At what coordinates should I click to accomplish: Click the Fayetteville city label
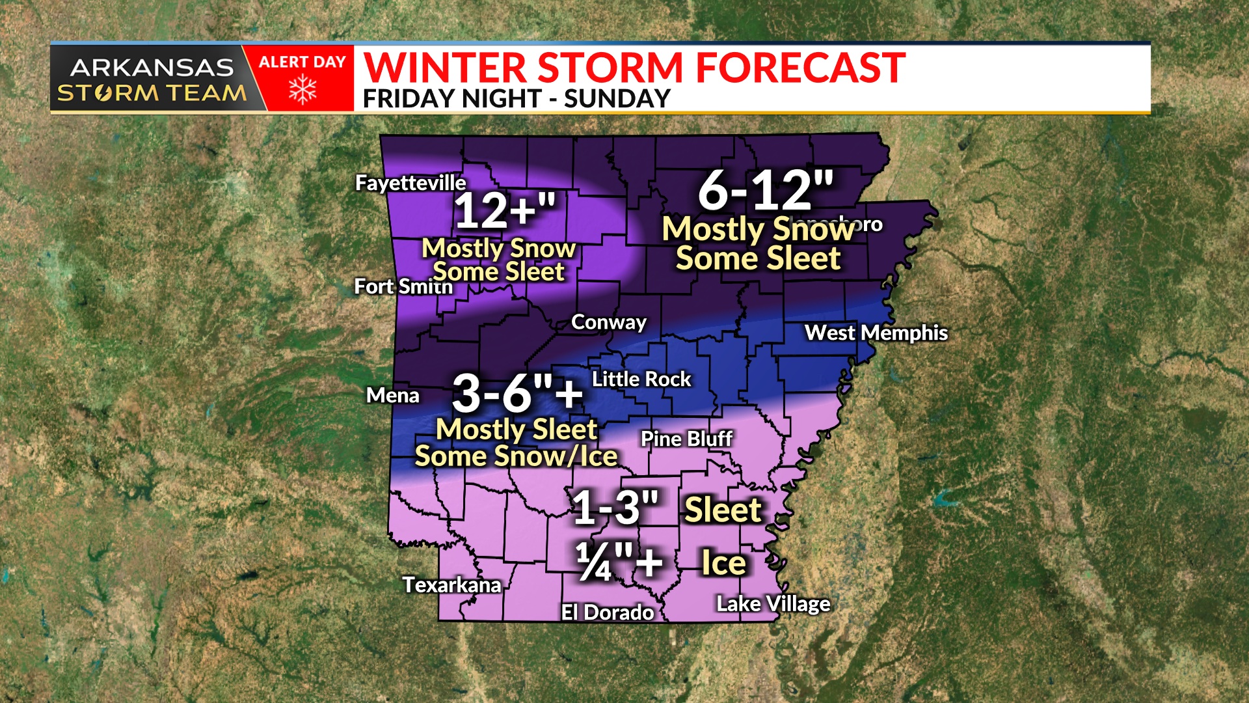pyautogui.click(x=410, y=183)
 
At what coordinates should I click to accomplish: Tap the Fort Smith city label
pyautogui.click(x=403, y=286)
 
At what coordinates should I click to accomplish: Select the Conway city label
pyautogui.click(x=609, y=322)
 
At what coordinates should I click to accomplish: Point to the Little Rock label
pyautogui.click(x=641, y=379)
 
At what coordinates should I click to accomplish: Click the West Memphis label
pyautogui.click(x=876, y=333)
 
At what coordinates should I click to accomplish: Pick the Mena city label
pyautogui.click(x=393, y=395)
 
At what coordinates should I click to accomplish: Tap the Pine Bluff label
pyautogui.click(x=687, y=439)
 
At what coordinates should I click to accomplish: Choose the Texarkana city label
pyautogui.click(x=451, y=585)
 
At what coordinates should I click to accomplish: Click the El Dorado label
pyautogui.click(x=608, y=613)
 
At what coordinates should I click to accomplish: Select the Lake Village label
pyautogui.click(x=773, y=604)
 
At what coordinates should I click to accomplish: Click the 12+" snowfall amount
pyautogui.click(x=505, y=211)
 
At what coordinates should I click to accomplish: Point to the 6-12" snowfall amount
pyautogui.click(x=766, y=191)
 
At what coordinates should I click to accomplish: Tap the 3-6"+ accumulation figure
pyautogui.click(x=518, y=393)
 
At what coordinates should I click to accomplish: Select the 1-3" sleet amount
pyautogui.click(x=615, y=508)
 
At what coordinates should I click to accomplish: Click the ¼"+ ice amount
pyautogui.click(x=619, y=562)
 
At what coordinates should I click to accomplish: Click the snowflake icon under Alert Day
pyautogui.click(x=302, y=90)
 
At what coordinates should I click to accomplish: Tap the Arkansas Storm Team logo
pyautogui.click(x=152, y=79)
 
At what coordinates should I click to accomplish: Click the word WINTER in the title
pyautogui.click(x=446, y=68)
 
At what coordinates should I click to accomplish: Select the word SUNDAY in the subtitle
pyautogui.click(x=617, y=99)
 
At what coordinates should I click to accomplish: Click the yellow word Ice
pyautogui.click(x=723, y=563)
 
